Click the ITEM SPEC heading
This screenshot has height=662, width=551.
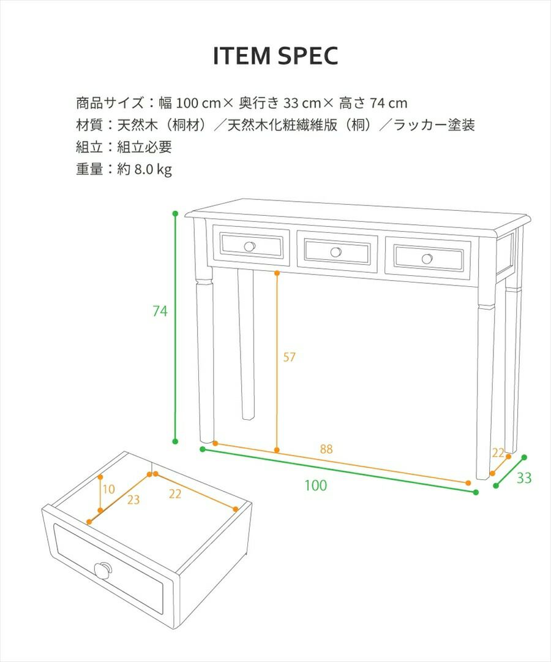coord(275,56)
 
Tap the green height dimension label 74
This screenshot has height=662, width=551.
coord(160,311)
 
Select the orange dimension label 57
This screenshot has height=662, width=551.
coord(289,357)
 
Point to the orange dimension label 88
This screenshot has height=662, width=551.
coord(326,449)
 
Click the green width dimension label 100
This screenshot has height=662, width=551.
coord(315,485)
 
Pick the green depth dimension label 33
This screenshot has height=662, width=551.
coord(524,478)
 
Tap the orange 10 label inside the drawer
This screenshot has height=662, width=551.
coord(109,489)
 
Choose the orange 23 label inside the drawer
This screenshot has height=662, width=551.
coord(133,500)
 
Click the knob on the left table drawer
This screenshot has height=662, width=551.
coord(250,246)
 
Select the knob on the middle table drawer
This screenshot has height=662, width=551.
coord(335,252)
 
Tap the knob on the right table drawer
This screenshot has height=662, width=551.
coord(427,259)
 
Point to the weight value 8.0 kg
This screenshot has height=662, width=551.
coord(153,169)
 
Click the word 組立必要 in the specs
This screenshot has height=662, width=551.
coord(144,147)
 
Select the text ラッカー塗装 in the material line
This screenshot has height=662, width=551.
coord(434,125)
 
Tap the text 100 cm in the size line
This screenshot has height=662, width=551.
coord(198,103)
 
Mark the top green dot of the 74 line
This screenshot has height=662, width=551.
coord(175,214)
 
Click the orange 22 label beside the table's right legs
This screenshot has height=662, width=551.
coord(498,452)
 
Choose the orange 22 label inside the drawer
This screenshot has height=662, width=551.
coord(175,493)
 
